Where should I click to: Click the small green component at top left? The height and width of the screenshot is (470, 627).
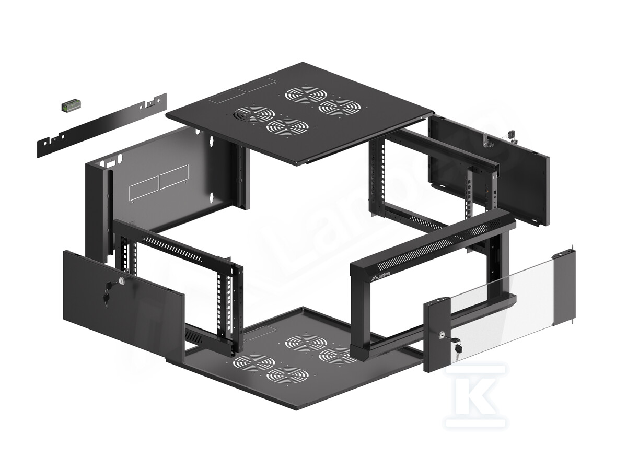70,105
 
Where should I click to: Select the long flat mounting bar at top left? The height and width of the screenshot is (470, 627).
102,123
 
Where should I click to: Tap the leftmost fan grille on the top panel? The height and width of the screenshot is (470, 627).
254,114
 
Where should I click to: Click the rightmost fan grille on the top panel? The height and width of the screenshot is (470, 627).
340,108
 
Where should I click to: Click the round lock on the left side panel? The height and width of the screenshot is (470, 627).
121,281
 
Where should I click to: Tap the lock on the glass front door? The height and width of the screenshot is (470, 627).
443,333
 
